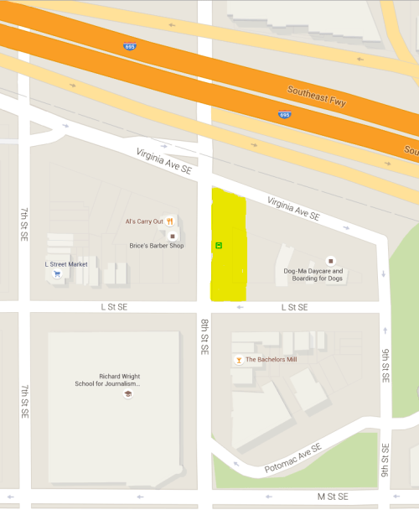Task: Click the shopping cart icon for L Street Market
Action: tap(57, 273)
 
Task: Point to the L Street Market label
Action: tap(65, 263)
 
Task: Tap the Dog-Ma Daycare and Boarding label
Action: tap(313, 275)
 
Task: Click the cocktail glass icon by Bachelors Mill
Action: tap(238, 359)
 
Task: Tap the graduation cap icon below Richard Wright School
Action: tap(128, 393)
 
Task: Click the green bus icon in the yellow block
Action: tap(219, 246)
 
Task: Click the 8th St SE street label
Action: tap(204, 336)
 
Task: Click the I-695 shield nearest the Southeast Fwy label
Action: tap(284, 112)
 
